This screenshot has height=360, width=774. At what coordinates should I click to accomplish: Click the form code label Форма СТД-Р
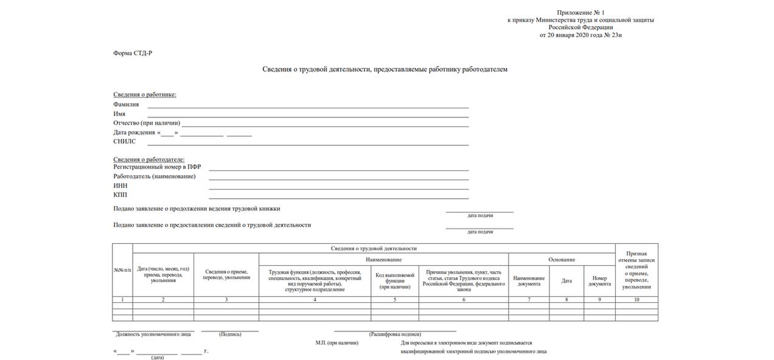tap(133, 53)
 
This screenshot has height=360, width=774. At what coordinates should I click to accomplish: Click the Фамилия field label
tap(126, 105)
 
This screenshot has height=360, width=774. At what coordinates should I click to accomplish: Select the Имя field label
tap(119, 114)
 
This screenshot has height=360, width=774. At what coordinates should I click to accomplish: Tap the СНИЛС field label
tap(124, 142)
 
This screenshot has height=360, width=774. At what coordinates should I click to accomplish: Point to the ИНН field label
tap(120, 185)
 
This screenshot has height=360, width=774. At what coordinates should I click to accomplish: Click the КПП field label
tap(120, 195)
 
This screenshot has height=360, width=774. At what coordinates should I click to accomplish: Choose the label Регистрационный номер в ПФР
tap(157, 167)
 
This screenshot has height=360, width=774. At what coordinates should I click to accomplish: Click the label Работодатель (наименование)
tap(155, 176)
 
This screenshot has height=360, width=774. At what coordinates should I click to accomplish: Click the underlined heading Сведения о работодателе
tap(148, 159)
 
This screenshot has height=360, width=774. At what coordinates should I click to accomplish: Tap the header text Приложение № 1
tap(580, 12)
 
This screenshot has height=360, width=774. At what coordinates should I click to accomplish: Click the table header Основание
tap(561, 260)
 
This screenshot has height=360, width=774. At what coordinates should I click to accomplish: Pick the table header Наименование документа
tap(528, 281)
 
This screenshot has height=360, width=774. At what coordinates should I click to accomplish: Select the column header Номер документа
tap(599, 281)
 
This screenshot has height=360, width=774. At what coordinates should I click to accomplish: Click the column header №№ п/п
tap(122, 270)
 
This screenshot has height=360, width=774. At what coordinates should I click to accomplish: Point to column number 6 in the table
tap(464, 300)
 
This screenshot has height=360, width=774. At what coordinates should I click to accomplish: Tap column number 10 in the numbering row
tap(636, 300)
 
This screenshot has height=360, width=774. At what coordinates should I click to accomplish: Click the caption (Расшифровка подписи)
tap(395, 334)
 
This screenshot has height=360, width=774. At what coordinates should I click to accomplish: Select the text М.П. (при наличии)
tap(336, 343)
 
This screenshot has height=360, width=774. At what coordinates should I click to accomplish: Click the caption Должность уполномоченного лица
tap(153, 334)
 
